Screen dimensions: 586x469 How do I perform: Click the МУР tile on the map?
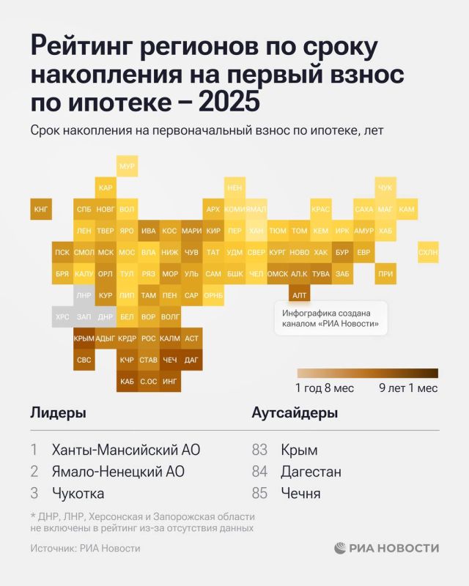pos(127,166)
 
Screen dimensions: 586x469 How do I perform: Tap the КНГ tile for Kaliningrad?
pos(41,209)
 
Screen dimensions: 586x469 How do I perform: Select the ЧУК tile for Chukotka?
pos(385,188)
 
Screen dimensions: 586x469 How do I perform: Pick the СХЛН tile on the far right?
pos(428,253)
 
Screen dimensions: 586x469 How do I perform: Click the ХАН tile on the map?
pos(256,231)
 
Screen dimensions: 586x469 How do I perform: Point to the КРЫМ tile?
pos(84,338)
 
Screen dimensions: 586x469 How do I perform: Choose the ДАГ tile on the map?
pos(191,360)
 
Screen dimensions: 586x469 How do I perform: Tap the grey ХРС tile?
pos(62,317)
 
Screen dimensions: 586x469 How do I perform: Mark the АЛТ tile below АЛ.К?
pos(299,295)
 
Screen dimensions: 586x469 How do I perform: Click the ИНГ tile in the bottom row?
pos(170,381)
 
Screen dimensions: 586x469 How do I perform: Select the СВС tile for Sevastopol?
pos(84,360)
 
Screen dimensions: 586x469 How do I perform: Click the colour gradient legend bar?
pos(367,373)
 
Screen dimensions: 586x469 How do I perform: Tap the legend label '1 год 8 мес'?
pos(325,388)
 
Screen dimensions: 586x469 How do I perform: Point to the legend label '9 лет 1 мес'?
pos(408,388)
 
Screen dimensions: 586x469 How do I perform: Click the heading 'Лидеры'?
pos(58,413)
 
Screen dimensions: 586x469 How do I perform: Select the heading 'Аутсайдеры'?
pos(295,413)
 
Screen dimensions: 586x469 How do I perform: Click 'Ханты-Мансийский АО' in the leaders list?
pos(125,450)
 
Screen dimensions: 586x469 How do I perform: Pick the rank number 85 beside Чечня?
pos(259,494)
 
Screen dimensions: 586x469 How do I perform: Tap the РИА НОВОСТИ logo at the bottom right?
pos(387,548)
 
